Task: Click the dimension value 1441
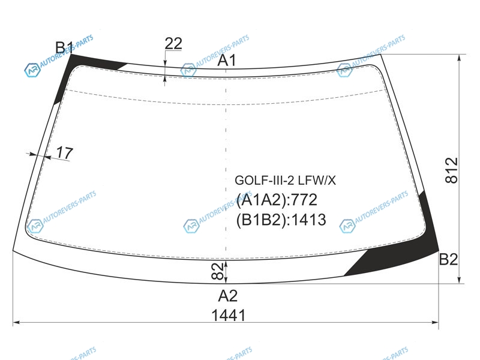pos(229,315)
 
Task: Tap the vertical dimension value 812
pos(452,170)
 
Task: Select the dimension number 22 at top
pos(173,43)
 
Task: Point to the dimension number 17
pos(65,152)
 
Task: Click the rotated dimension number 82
pos(217,271)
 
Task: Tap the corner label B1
pos(64,47)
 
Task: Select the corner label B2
pos(448,259)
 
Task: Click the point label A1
pos(227,60)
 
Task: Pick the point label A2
pos(228,296)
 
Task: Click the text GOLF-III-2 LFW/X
pos(286,181)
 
